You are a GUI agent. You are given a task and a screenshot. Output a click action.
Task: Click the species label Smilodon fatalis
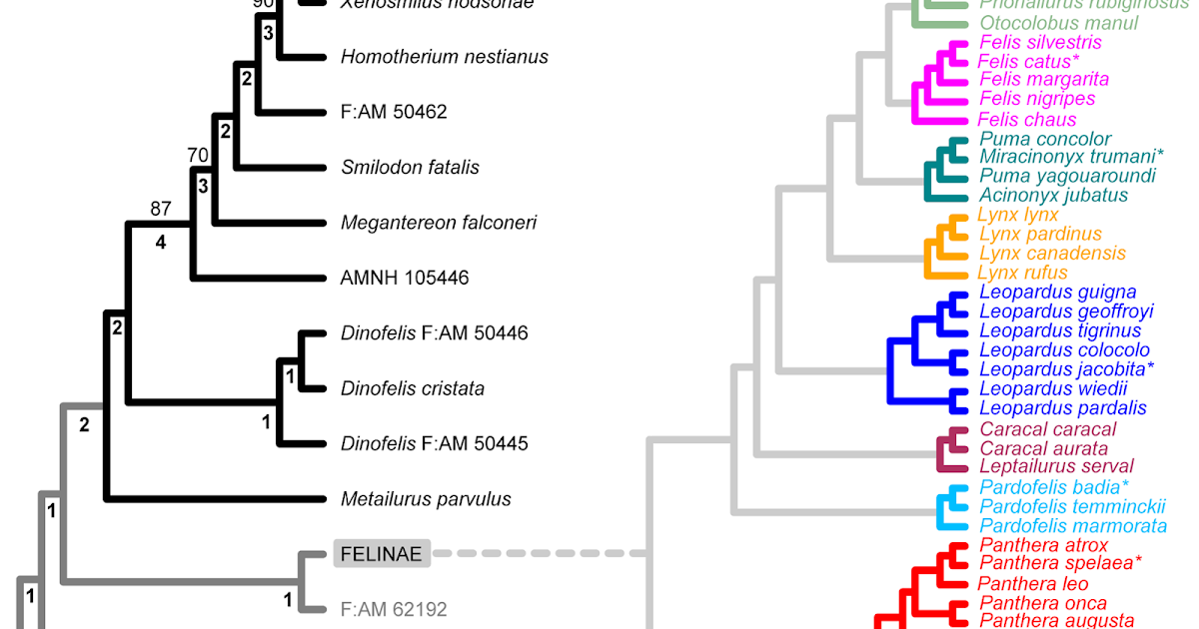pos(410,167)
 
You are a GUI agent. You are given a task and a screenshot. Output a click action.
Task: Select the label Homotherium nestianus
pos(444,57)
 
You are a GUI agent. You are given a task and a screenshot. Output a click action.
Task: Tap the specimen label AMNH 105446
pos(405,278)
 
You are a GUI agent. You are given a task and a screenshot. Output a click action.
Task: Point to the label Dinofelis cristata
pos(412,388)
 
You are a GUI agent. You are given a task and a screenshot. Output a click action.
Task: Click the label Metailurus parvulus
pos(426,498)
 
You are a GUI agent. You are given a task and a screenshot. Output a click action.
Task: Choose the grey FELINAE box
pos(382,552)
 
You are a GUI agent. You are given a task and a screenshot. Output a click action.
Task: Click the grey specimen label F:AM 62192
pos(393,608)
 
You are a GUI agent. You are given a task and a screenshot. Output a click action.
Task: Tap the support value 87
pos(161,209)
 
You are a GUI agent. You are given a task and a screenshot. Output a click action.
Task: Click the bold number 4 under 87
pos(160,241)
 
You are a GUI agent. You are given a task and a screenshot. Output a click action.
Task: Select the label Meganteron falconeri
pos(438,223)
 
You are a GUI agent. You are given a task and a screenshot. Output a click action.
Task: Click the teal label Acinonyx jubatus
pos(1053,195)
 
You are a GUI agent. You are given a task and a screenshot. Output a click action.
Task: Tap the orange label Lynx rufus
pos(1022,273)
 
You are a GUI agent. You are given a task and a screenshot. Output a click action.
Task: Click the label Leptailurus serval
pos(1056,466)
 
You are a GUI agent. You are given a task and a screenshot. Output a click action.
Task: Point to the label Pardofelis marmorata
pos(1073,525)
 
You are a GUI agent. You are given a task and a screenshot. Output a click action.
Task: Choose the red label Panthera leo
pos(1033,583)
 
